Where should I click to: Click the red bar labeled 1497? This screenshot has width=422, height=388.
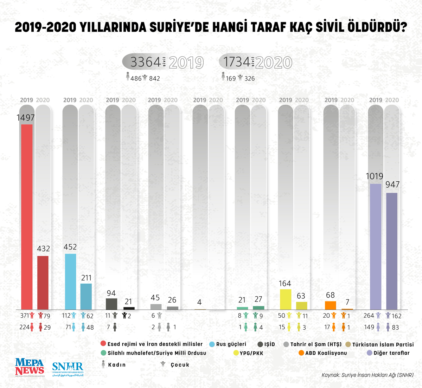pos(27,216)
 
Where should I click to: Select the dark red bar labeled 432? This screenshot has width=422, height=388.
pos(43,283)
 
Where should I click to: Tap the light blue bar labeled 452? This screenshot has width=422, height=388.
pos(70,281)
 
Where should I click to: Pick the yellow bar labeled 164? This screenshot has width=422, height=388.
pos(285,299)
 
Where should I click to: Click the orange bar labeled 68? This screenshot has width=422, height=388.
pos(330,305)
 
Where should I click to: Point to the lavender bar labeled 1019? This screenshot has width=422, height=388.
pos(375,246)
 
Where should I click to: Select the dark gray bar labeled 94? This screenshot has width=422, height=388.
pos(111,304)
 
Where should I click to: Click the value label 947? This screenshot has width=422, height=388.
pos(392,185)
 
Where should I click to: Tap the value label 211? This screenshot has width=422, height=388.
pos(86,278)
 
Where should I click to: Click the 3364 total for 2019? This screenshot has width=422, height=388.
pos(145,62)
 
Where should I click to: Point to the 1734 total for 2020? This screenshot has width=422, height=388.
pos(237,62)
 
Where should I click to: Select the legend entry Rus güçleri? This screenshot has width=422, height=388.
pos(231,344)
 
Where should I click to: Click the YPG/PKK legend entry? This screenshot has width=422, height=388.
pos(251,353)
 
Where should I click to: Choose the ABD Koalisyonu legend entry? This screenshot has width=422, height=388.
pos(326,353)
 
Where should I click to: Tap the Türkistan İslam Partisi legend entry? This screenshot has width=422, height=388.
pos(383,344)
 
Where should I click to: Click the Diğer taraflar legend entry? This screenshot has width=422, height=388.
pos(391,353)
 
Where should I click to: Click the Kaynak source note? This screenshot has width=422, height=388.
pos(367,375)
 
